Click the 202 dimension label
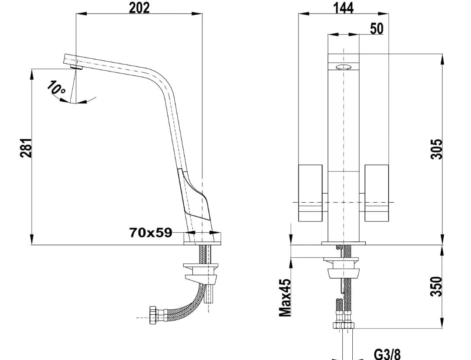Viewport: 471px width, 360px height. pyautogui.click(x=139, y=7)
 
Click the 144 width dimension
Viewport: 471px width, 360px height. pyautogui.click(x=343, y=7)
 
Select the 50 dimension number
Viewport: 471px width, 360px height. pyautogui.click(x=377, y=28)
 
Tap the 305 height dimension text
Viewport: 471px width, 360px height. pyautogui.click(x=436, y=149)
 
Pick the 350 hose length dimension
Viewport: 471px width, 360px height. pyautogui.click(x=436, y=286)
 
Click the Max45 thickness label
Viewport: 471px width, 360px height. pyautogui.click(x=285, y=298)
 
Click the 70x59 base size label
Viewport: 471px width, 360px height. pyautogui.click(x=150, y=233)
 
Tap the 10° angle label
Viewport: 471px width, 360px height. pyautogui.click(x=56, y=88)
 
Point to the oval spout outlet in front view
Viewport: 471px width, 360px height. pyautogui.click(x=344, y=67)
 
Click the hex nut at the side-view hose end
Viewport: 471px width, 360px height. pyautogui.click(x=153, y=315)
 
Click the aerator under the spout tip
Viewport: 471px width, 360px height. pyautogui.click(x=77, y=66)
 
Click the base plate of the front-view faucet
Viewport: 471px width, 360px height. pyautogui.click(x=344, y=243)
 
